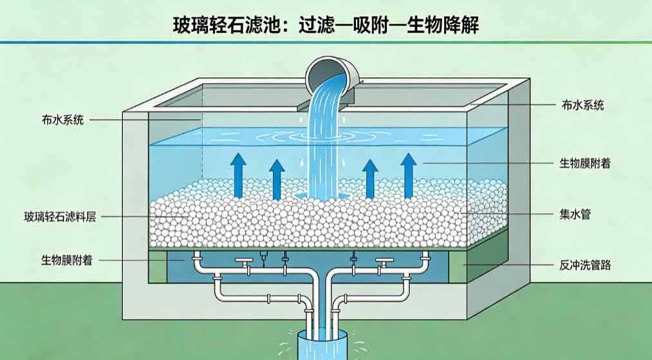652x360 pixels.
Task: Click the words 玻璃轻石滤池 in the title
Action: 225,25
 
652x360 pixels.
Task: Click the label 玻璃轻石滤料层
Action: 60,217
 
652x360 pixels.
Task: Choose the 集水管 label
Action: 575,214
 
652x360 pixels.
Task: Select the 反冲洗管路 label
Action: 585,265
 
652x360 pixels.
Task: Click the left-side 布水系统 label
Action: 63,120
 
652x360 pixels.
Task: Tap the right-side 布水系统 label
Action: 582,105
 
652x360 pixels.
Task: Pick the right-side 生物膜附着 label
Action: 585,163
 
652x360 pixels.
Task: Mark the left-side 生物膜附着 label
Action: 66,261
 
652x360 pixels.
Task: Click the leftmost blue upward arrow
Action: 238,175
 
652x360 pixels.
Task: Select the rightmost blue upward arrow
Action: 409,175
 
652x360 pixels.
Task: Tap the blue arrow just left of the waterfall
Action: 277,180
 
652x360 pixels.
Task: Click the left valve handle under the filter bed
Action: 244,261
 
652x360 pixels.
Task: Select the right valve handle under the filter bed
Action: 385,261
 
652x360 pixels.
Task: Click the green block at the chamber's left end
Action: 158,267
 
